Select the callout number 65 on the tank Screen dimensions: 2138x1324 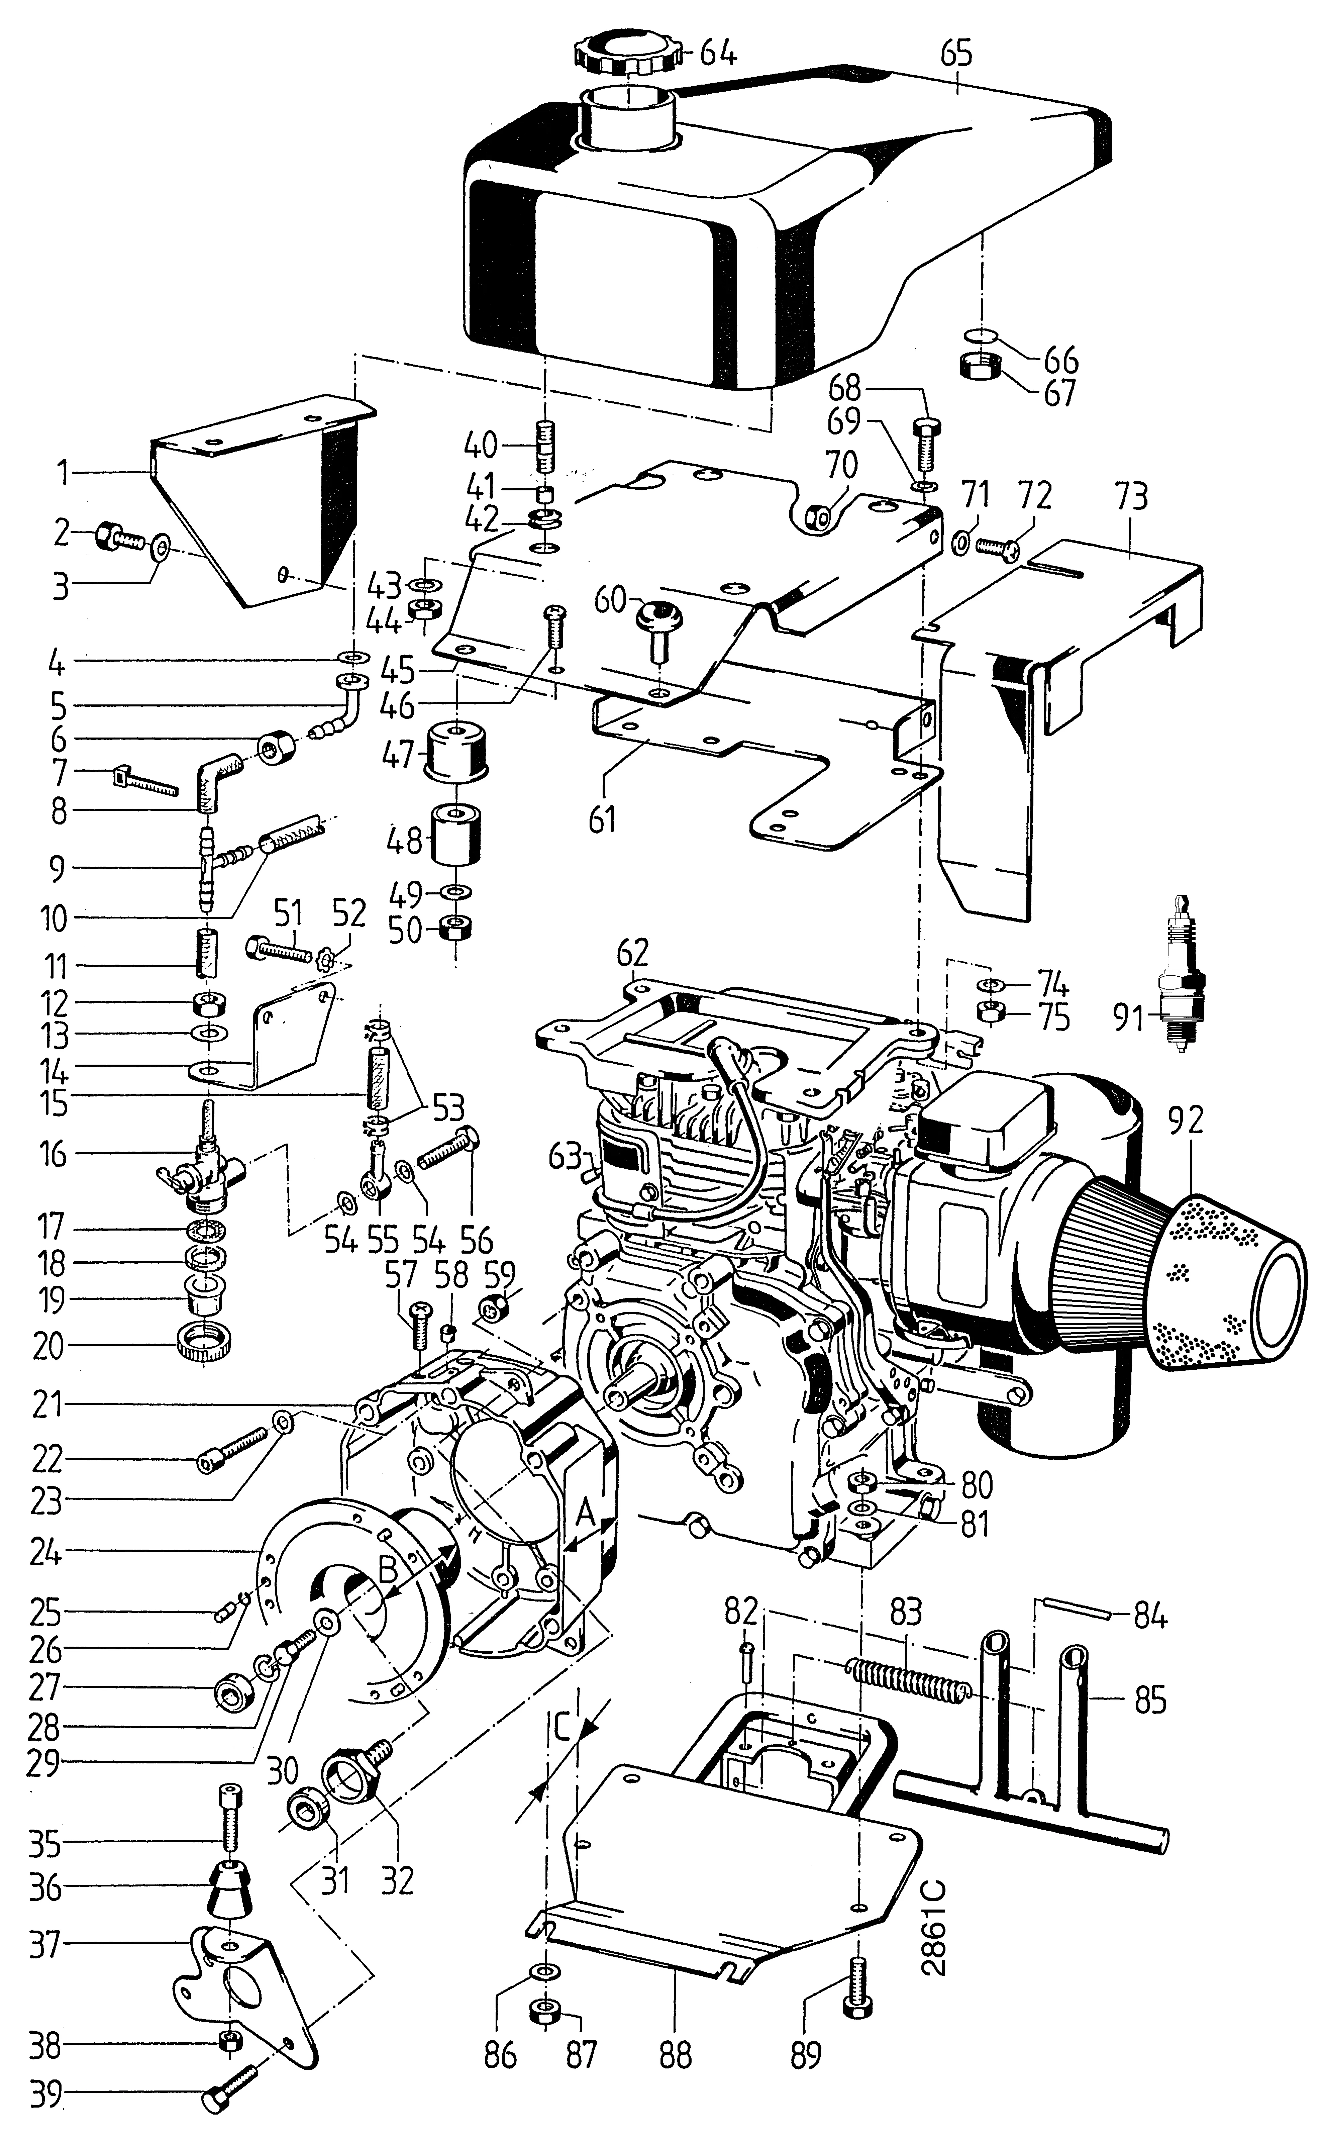click(956, 54)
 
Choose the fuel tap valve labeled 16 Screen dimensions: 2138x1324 click(203, 1169)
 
